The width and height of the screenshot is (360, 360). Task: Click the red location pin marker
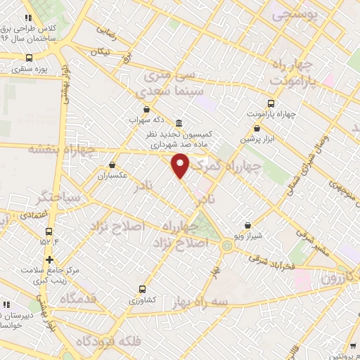coord(181,165)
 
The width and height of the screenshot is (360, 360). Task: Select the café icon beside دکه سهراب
coord(146,109)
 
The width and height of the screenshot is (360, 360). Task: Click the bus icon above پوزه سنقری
coord(29,58)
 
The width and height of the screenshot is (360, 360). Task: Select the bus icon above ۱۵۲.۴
coord(49,231)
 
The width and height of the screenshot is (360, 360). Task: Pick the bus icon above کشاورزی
coord(143,288)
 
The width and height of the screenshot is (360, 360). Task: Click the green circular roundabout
coord(227,246)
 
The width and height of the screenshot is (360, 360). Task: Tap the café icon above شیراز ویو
coord(247,226)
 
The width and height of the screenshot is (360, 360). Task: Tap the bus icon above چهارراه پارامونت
coord(271,103)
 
